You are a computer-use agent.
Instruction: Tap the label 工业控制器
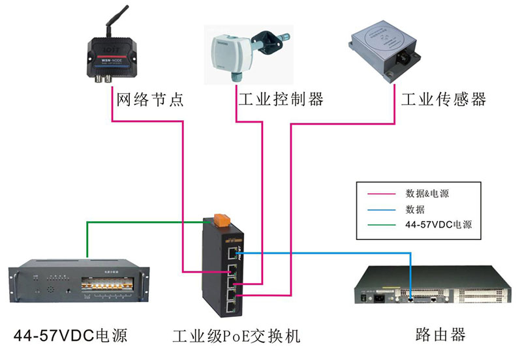[281, 99]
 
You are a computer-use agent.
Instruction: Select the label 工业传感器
[444, 99]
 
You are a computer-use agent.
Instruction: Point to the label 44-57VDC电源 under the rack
[70, 336]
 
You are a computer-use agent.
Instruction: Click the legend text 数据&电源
[427, 194]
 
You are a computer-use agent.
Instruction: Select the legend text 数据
[416, 209]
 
